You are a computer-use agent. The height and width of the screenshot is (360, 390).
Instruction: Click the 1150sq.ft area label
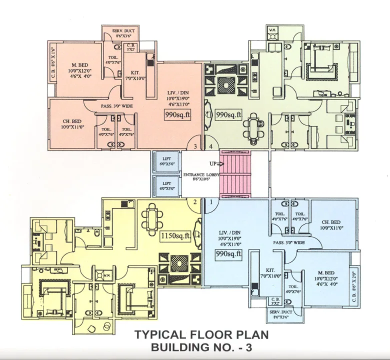point(175,236)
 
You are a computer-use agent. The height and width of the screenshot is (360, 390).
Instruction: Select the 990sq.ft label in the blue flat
point(228,254)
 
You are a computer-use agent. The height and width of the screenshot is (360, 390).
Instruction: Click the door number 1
point(211,202)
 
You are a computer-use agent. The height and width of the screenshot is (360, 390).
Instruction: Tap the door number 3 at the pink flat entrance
point(195,146)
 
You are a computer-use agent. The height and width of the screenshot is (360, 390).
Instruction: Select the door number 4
point(211,146)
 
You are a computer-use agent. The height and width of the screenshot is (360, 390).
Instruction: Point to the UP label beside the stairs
point(213,163)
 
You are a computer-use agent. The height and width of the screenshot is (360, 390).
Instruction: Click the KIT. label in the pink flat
point(135,72)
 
